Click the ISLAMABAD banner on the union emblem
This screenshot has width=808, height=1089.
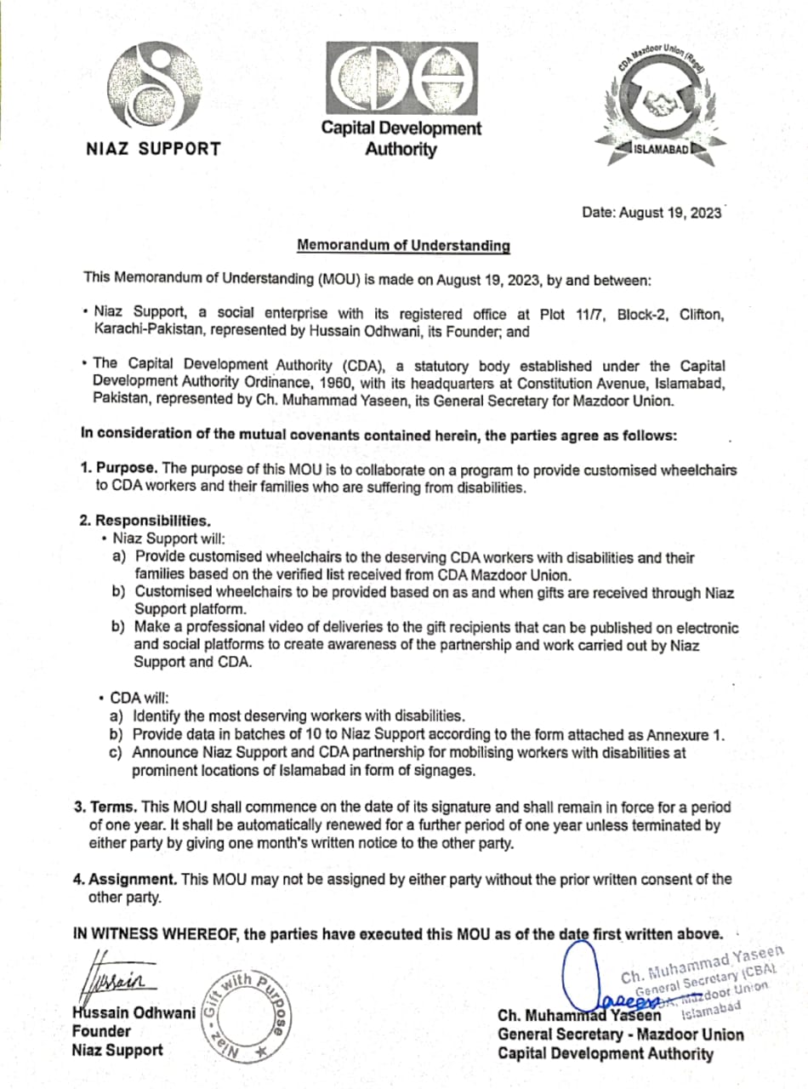point(661,151)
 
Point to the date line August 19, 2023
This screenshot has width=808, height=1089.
point(652,212)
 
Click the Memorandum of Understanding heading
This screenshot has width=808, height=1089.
point(403,246)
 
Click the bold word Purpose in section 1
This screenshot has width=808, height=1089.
point(126,469)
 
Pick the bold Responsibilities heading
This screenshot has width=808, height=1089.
point(152,520)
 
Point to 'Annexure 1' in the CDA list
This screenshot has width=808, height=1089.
point(687,734)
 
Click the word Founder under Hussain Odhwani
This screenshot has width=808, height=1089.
point(101,1031)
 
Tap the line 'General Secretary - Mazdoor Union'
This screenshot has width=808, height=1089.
point(620,1035)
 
